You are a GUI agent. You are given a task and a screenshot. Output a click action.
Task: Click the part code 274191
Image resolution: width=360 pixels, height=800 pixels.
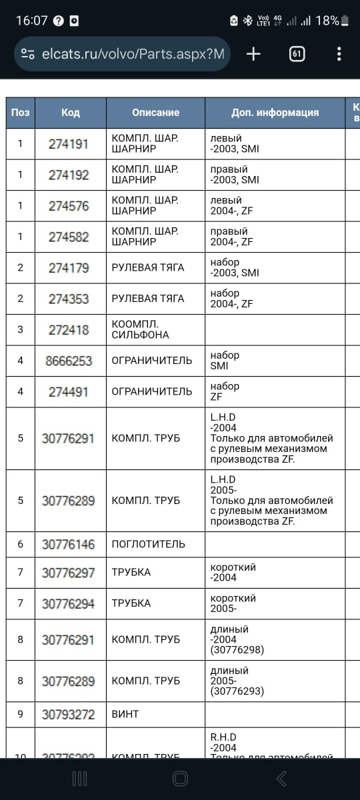point(68,143)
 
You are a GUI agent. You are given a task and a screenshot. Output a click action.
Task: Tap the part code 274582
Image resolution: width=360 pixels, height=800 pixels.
point(68,237)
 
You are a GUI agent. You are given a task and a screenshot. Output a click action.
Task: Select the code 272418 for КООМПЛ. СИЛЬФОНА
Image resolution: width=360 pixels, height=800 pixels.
point(68,330)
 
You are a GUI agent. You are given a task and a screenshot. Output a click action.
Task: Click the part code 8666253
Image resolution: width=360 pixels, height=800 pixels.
point(68,361)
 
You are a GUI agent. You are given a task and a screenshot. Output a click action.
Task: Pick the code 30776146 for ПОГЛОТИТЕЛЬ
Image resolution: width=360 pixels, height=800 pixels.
point(68,544)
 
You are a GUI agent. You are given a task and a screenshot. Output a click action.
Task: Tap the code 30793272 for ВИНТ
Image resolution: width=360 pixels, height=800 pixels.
point(68,714)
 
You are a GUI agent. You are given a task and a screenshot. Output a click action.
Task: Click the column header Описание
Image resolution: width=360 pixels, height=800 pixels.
point(155,113)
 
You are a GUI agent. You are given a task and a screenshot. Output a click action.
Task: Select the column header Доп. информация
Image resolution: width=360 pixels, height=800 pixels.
point(275,113)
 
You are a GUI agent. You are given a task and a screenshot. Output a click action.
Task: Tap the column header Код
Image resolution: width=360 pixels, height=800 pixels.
point(70,113)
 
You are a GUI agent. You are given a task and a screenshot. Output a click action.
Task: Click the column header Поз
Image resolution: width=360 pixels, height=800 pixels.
point(20,113)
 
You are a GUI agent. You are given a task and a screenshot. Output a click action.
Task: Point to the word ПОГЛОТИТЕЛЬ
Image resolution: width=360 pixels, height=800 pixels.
point(148,544)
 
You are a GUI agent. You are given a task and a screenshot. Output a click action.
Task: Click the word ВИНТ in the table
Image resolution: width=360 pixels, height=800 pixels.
point(125,714)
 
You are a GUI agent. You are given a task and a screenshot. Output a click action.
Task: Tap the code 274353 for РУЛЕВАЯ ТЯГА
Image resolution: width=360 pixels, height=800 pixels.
point(68,299)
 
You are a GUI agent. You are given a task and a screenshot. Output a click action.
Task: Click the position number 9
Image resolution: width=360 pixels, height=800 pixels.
point(20,714)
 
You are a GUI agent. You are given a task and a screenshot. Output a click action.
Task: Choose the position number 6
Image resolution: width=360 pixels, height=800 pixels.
point(20,544)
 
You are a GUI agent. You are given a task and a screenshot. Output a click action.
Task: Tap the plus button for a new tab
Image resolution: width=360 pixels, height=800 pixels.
point(253,54)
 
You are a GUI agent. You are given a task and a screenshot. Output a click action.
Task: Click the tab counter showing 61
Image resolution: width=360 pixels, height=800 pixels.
point(297,54)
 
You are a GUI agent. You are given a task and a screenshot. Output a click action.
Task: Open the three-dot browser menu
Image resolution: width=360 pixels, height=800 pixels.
point(339,54)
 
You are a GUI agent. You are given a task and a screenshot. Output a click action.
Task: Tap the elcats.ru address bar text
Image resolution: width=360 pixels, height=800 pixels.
point(133,54)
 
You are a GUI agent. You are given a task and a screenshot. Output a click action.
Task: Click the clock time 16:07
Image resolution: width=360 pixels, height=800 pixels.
point(31,20)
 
